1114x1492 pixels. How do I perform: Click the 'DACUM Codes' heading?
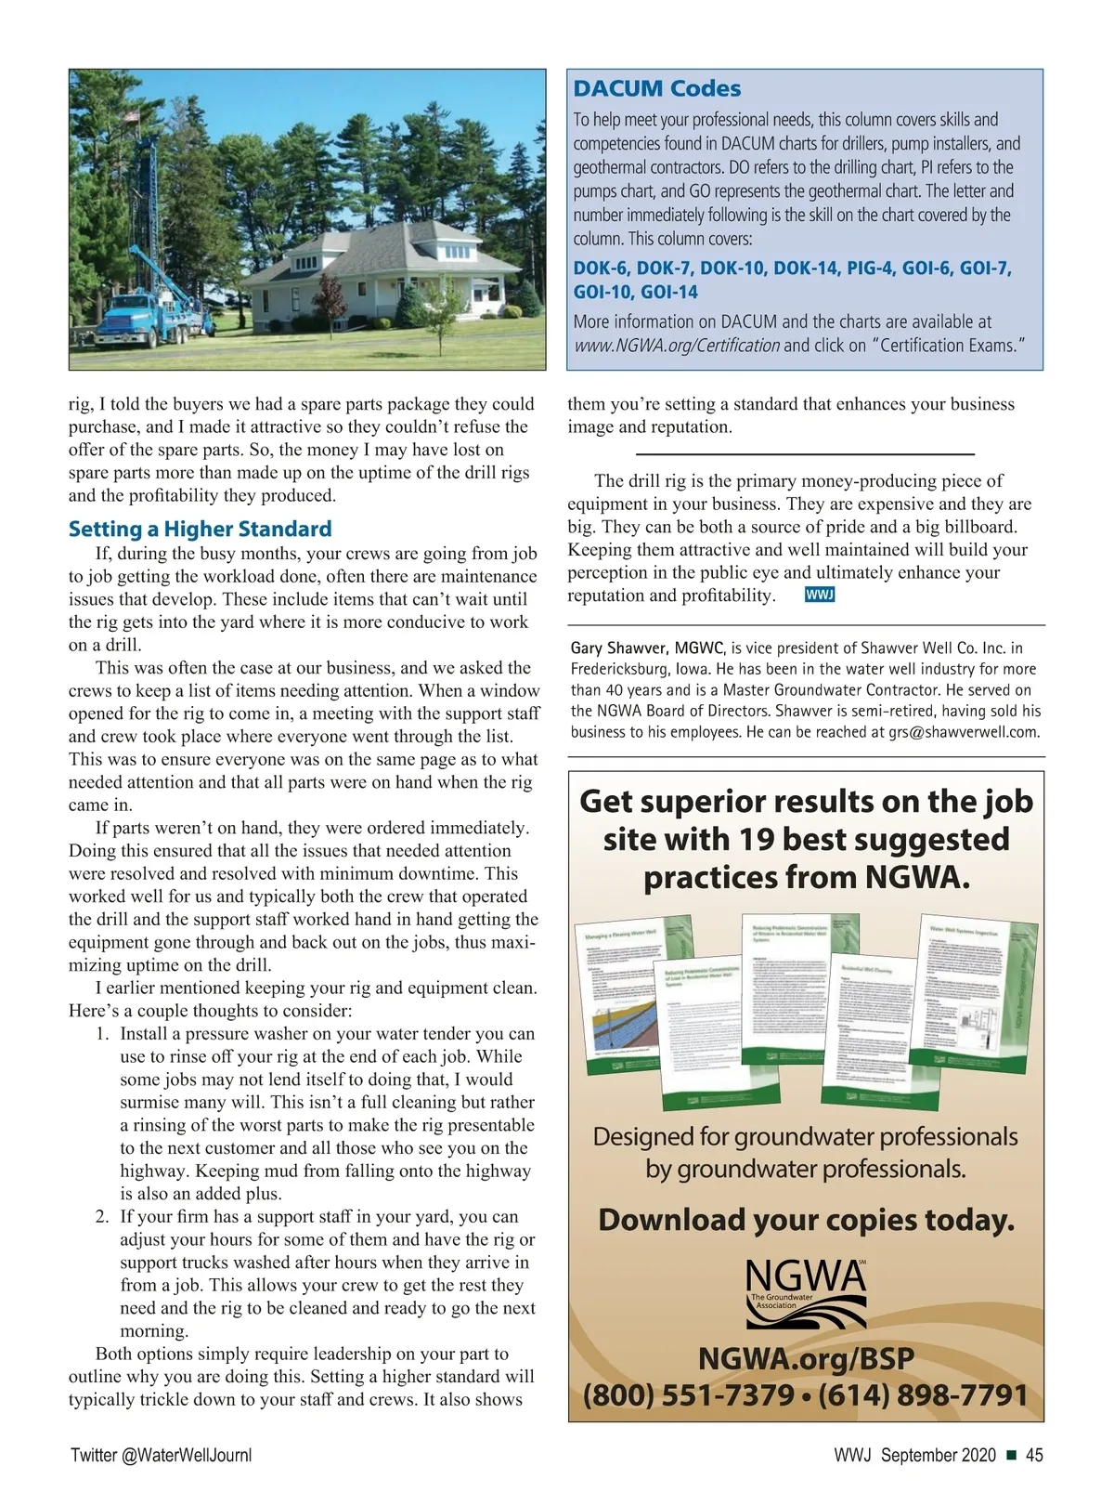coord(657,89)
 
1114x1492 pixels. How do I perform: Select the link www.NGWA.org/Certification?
coord(677,346)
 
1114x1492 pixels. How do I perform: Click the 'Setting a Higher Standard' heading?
coord(200,529)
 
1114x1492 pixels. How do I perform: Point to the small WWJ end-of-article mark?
coord(820,595)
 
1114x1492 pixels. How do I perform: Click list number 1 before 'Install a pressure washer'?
coord(103,1034)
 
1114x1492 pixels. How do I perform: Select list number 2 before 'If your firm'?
coord(103,1217)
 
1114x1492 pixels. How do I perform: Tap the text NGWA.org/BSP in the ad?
coord(806,1358)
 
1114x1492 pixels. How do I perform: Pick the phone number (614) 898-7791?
coord(923,1395)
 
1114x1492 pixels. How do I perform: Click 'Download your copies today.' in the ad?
coord(806,1220)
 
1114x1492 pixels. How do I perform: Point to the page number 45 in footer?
coord(1034,1456)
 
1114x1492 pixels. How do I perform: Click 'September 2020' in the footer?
coord(938,1456)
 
